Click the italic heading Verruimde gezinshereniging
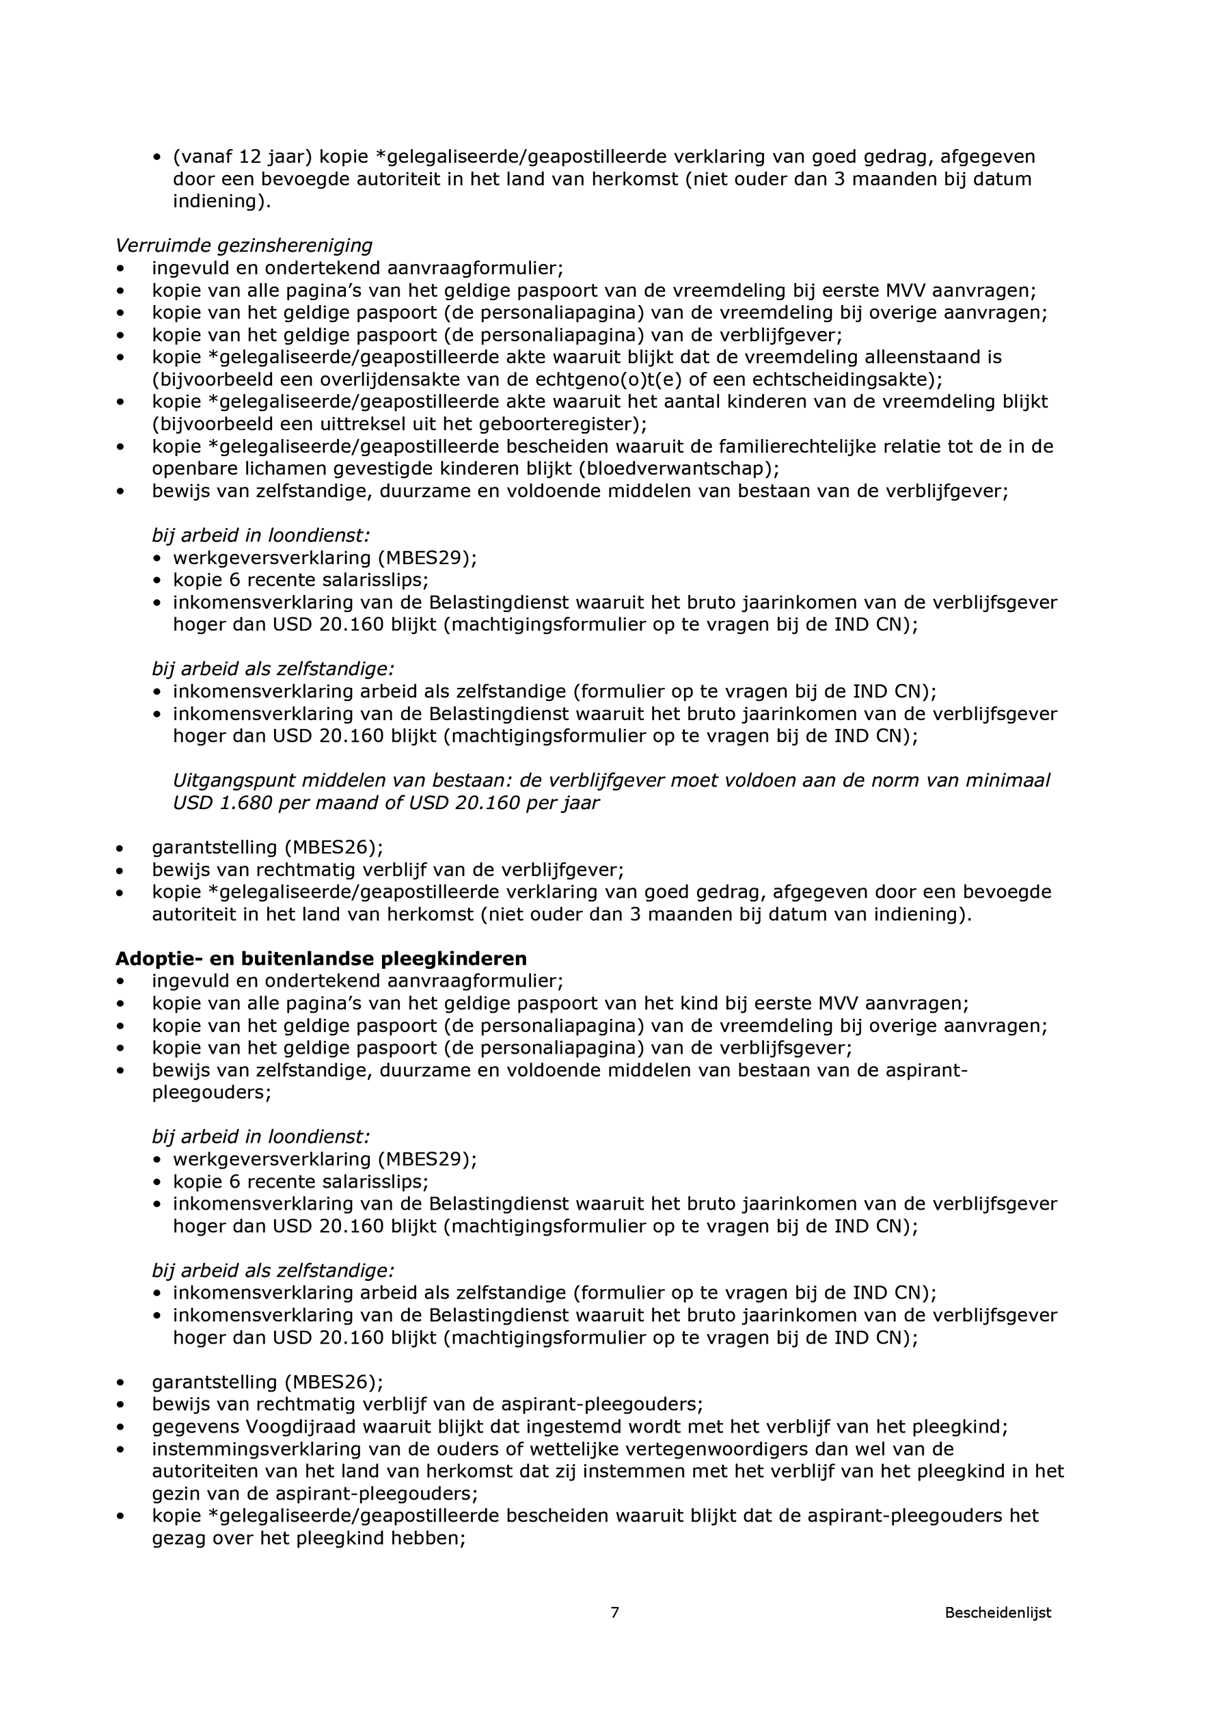coord(243,245)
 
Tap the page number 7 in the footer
coord(614,1634)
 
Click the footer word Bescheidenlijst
coord(998,1634)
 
